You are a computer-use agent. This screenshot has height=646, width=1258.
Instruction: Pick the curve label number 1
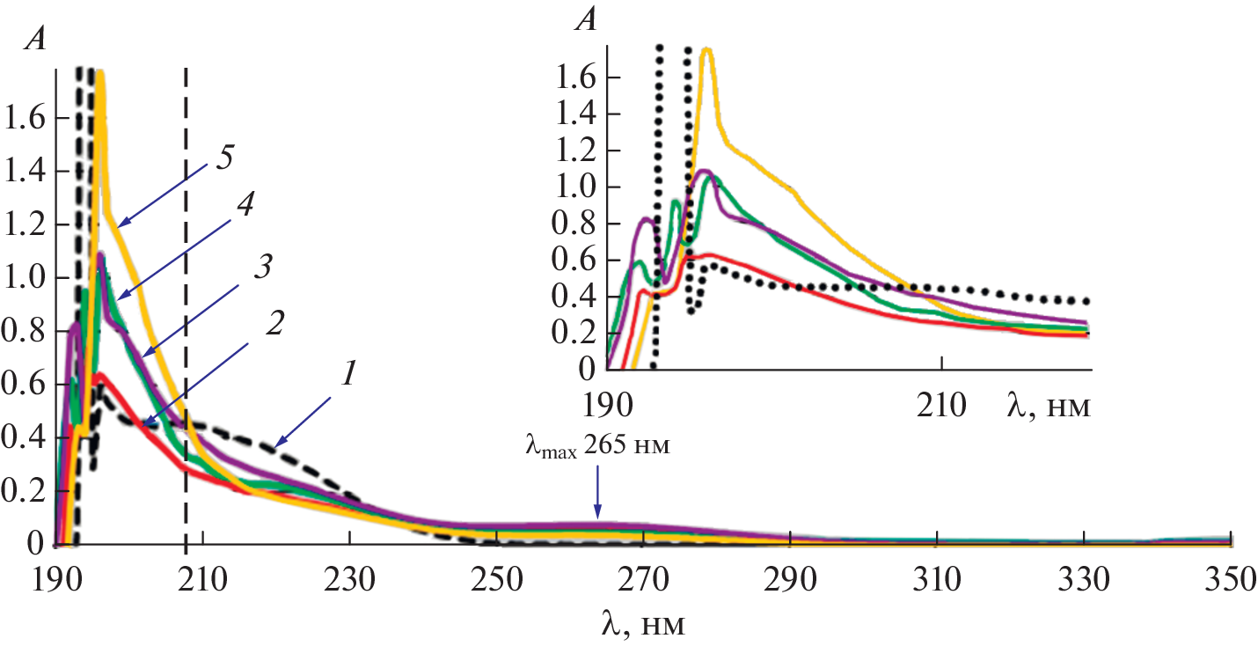[348, 377]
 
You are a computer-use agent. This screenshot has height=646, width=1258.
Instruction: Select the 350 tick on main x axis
[1231, 580]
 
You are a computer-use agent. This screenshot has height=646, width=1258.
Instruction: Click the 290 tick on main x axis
[791, 580]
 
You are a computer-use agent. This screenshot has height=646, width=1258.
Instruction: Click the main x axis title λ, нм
[643, 624]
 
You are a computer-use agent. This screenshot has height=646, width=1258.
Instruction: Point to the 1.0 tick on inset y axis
[576, 187]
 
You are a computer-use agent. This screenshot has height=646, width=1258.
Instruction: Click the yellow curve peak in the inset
[706, 50]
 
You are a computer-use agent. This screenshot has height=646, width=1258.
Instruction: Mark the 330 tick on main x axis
[1084, 580]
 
